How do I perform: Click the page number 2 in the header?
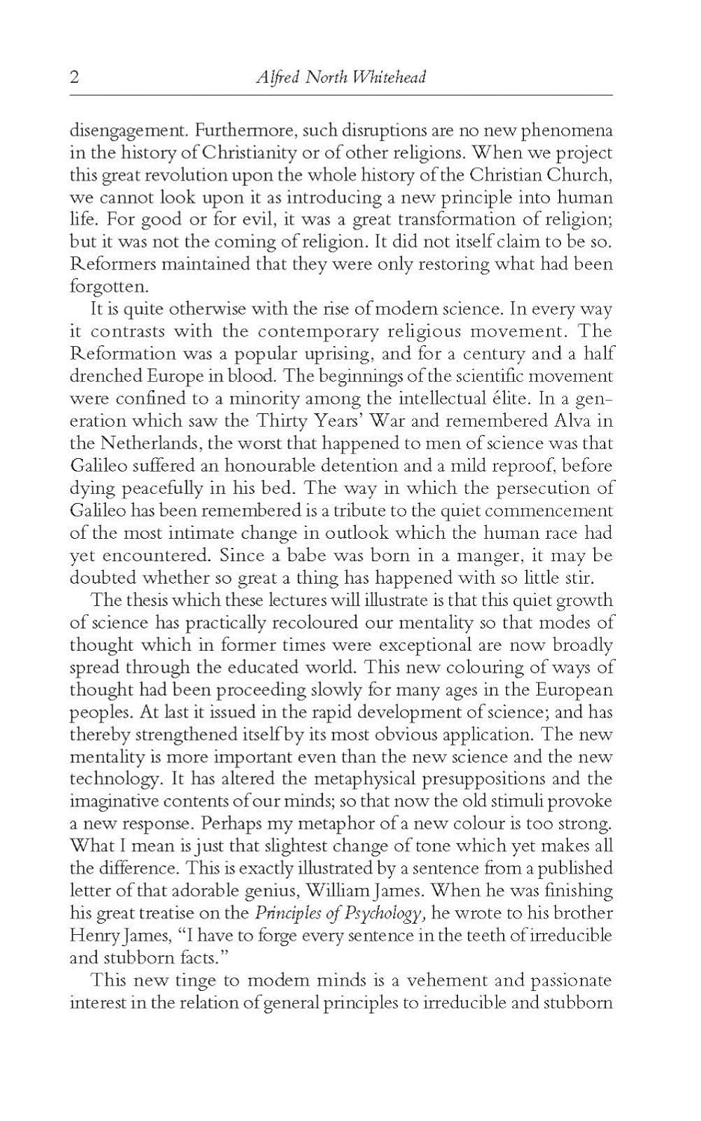tap(74, 78)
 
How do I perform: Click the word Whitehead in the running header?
tap(389, 78)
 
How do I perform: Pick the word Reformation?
tap(117, 353)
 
